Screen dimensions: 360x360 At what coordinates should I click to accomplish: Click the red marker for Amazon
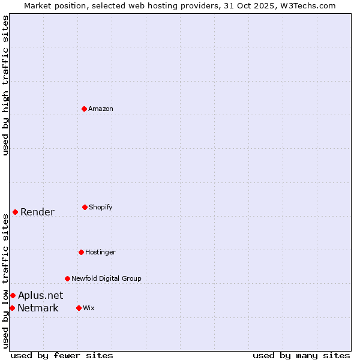click(84, 109)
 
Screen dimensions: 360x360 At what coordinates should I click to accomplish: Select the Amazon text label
click(101, 109)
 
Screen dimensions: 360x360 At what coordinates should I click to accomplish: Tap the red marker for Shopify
click(85, 207)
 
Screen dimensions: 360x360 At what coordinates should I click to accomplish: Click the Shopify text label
click(101, 207)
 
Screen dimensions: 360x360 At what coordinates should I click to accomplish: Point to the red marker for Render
click(15, 212)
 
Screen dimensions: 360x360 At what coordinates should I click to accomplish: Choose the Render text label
click(37, 212)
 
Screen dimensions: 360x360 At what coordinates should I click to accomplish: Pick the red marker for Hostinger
click(81, 252)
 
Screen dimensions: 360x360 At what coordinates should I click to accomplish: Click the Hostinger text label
click(100, 252)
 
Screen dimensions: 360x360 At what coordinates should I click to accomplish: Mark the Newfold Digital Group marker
click(67, 278)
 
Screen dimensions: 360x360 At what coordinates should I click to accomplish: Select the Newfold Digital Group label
click(106, 278)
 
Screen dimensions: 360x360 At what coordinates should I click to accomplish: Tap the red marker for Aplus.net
click(13, 295)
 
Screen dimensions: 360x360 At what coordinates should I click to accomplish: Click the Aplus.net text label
click(40, 295)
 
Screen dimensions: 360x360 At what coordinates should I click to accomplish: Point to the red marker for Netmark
click(12, 308)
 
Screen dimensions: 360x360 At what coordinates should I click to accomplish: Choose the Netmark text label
click(38, 308)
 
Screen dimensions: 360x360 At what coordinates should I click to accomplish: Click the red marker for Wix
click(79, 308)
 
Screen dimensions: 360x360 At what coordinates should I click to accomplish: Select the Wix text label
click(89, 308)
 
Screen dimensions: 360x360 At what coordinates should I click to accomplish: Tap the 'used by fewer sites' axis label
click(62, 355)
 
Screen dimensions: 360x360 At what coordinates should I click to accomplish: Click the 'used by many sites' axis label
click(301, 355)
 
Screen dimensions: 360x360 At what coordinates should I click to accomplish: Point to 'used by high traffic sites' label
click(5, 85)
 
